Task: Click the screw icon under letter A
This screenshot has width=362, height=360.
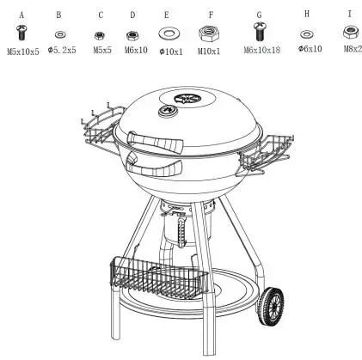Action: (x=21, y=32)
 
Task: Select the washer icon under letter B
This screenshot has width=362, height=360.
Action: (x=59, y=34)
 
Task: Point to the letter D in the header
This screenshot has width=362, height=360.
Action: (x=132, y=15)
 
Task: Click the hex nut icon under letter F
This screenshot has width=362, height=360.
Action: (x=207, y=33)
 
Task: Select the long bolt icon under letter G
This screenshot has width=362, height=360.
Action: (x=258, y=32)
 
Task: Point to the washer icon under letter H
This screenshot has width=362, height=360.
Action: (x=307, y=34)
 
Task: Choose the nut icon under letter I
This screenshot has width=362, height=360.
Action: (x=350, y=32)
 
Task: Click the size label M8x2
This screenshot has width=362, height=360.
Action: (x=351, y=50)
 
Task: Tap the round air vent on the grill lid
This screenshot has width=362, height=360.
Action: (x=184, y=101)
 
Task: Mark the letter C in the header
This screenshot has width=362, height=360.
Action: (x=101, y=15)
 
